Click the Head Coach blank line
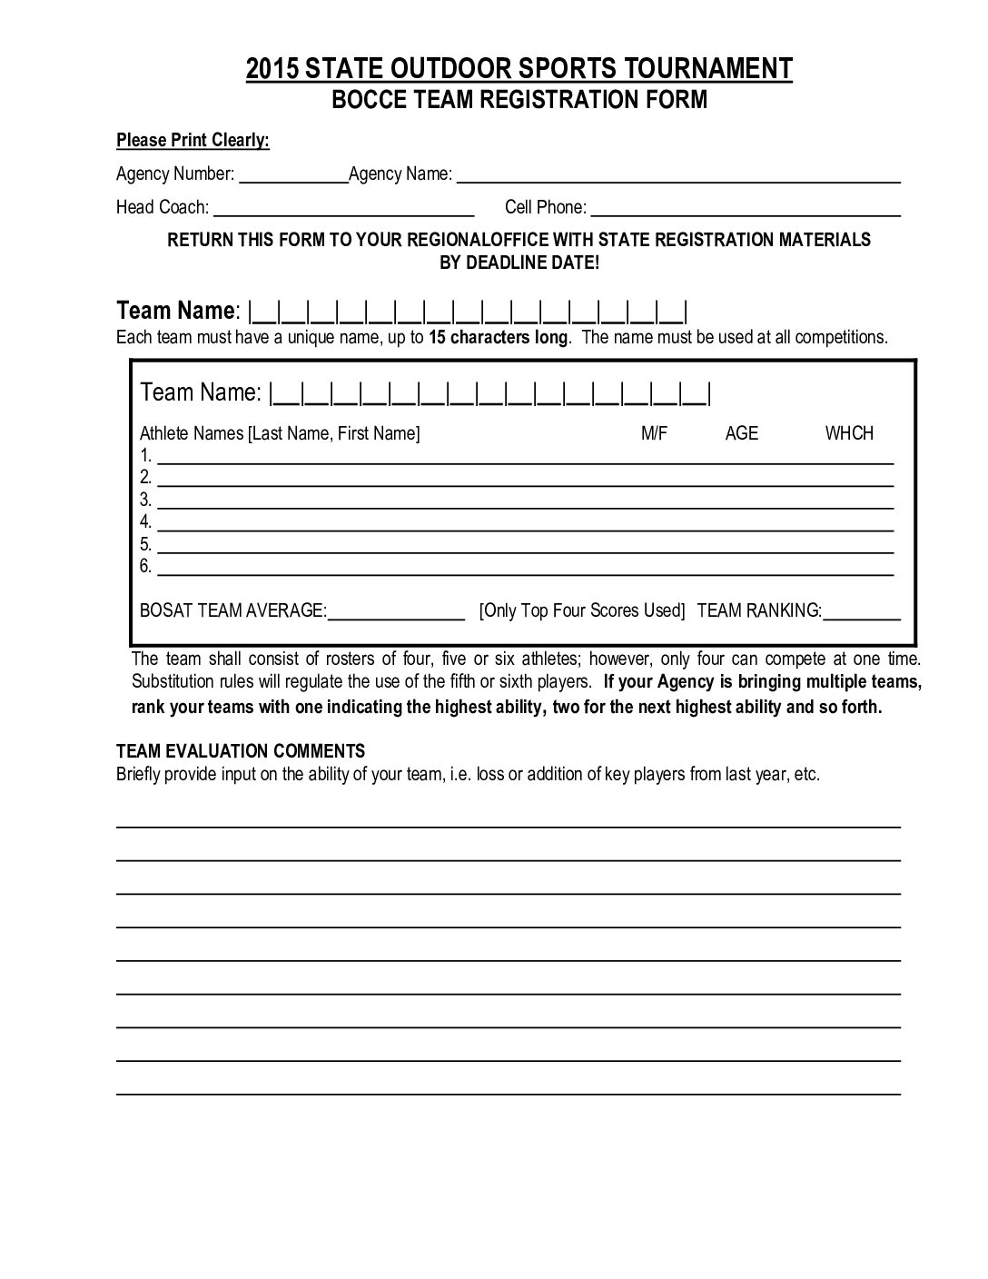pyautogui.click(x=343, y=211)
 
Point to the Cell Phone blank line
pyautogui.click(x=745, y=211)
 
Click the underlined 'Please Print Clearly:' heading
pyautogui.click(x=193, y=141)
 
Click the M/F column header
pyautogui.click(x=654, y=433)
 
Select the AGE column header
pyautogui.click(x=741, y=433)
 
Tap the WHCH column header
pyautogui.click(x=849, y=433)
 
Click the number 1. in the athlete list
pyautogui.click(x=146, y=456)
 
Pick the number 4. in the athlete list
pyautogui.click(x=146, y=521)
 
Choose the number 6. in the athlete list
pyautogui.click(x=146, y=566)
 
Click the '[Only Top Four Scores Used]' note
pyautogui.click(x=581, y=610)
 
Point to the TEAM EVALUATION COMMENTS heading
pyautogui.click(x=241, y=751)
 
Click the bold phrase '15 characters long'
pyautogui.click(x=499, y=337)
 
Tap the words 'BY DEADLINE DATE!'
pyautogui.click(x=519, y=263)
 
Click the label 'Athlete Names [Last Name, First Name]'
pyautogui.click(x=280, y=433)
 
